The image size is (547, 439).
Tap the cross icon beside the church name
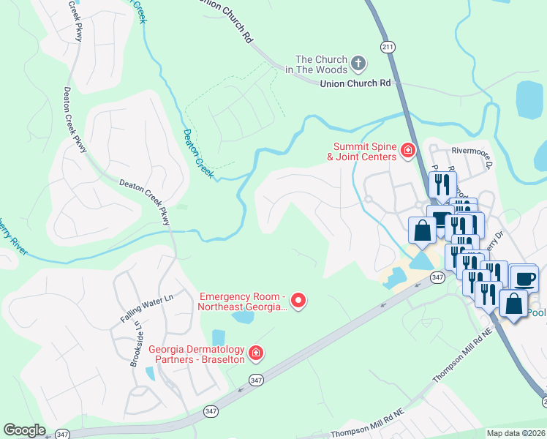click(x=358, y=64)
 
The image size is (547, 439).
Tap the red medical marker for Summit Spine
click(x=408, y=152)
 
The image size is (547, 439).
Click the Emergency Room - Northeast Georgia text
click(x=243, y=301)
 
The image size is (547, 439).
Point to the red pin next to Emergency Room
click(x=298, y=300)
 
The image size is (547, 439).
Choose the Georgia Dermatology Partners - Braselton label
click(x=197, y=354)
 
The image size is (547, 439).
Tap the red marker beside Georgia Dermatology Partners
click(x=256, y=354)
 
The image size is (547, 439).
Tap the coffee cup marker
click(x=524, y=279)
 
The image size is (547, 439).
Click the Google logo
click(x=24, y=429)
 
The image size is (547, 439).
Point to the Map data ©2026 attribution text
click(x=516, y=433)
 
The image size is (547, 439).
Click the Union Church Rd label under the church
click(x=355, y=84)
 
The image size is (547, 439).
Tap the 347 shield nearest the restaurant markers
click(x=437, y=277)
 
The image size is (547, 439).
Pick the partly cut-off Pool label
click(x=537, y=312)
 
